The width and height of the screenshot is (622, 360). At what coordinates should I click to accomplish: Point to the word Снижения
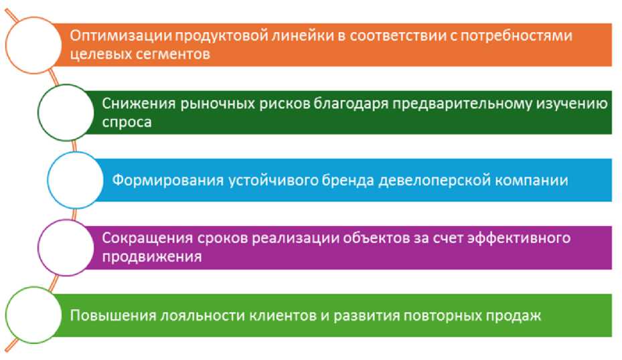point(139,104)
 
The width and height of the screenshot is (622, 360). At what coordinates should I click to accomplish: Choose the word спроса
point(127,122)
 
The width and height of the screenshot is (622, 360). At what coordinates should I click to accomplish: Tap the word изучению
point(572,104)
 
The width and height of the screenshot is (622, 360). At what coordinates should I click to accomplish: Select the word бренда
point(348,181)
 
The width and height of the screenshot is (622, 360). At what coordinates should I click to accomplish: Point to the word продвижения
point(152,256)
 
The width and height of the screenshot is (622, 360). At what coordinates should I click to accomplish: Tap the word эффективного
point(519,238)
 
